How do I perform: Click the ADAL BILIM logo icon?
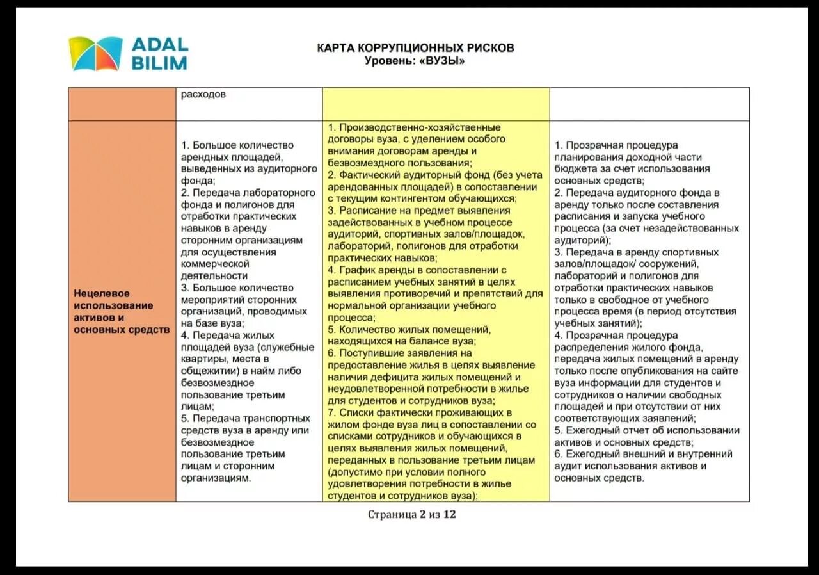point(95,54)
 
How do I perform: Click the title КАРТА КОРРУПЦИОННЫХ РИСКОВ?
point(415,48)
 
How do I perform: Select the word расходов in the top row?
point(203,95)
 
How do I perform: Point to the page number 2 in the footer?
point(422,514)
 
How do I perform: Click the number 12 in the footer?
point(449,514)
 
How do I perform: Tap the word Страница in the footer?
point(392,514)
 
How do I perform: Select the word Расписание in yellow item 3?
point(364,210)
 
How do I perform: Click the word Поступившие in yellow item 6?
point(369,353)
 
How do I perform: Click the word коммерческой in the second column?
point(214,264)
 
